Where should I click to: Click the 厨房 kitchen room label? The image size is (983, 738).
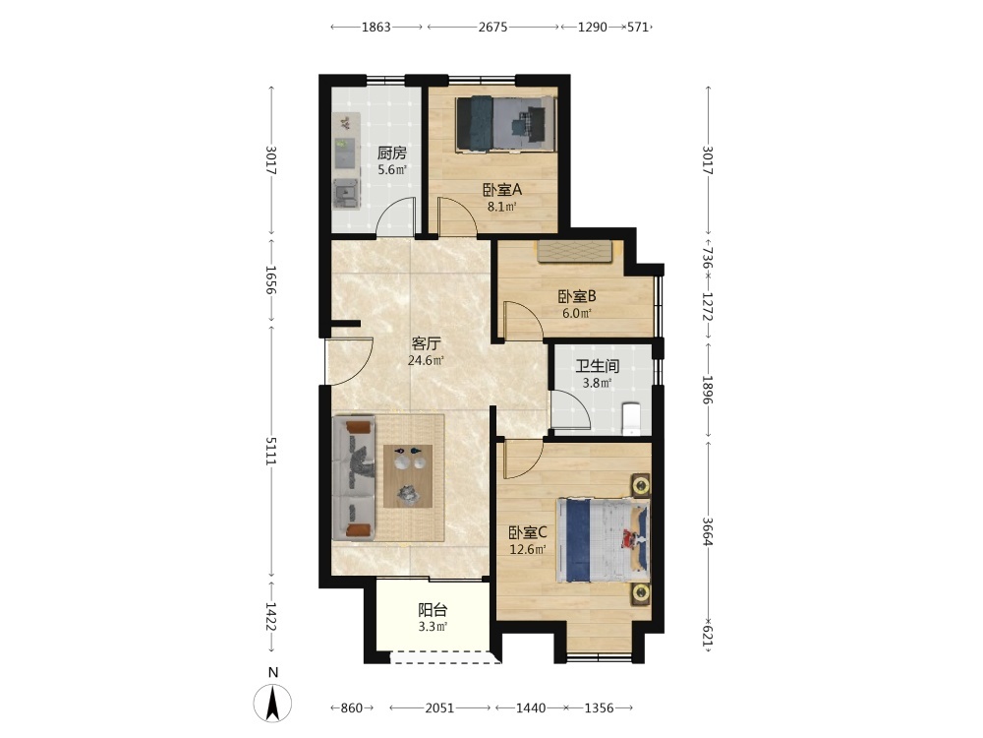tap(392, 153)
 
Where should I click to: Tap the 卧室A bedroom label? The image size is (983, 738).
tap(502, 189)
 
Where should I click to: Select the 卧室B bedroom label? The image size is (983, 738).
tap(577, 296)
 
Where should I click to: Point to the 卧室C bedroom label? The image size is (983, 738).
tap(527, 532)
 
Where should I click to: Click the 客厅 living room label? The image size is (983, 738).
tap(427, 343)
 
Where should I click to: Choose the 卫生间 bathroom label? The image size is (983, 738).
tap(598, 366)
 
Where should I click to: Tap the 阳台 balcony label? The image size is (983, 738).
tap(433, 609)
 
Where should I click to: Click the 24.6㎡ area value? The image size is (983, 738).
tap(426, 360)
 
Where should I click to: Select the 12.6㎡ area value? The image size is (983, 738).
tap(527, 550)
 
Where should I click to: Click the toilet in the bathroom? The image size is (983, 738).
tap(631, 418)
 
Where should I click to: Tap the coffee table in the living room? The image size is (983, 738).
tap(408, 475)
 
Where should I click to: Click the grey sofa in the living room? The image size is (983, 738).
tap(354, 477)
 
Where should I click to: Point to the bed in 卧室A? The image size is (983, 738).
tap(505, 124)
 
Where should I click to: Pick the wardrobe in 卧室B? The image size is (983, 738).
tap(574, 251)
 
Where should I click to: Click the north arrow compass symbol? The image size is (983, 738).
tap(272, 702)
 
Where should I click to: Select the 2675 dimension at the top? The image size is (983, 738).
tap(492, 27)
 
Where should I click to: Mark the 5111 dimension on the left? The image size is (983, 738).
tap(271, 452)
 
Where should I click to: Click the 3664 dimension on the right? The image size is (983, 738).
tap(708, 531)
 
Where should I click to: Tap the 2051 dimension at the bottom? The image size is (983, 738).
tap(439, 707)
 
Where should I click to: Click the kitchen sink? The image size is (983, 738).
tap(345, 193)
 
